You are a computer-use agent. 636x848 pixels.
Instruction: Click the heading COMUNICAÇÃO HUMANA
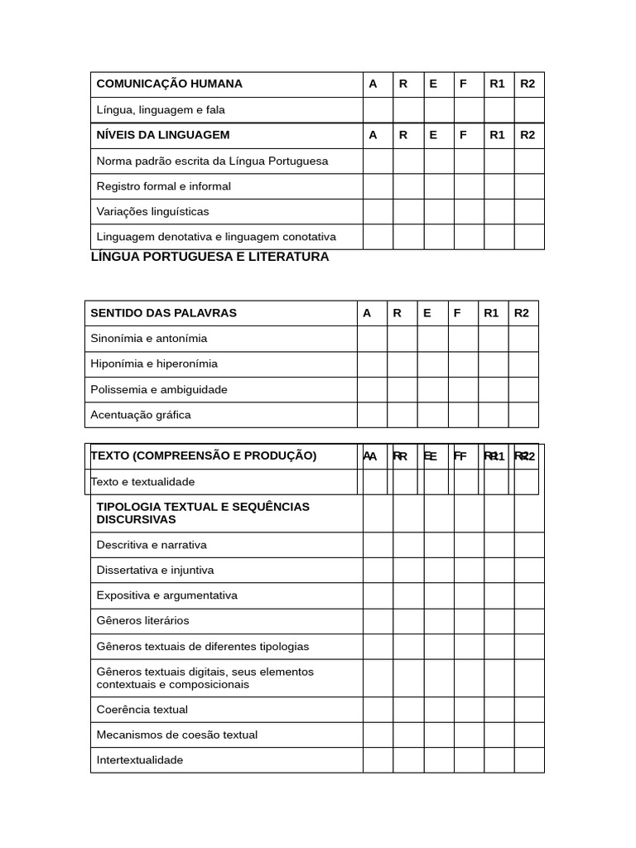(169, 84)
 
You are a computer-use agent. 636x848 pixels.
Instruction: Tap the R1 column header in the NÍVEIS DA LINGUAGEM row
(497, 135)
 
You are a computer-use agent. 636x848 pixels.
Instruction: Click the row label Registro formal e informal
(163, 186)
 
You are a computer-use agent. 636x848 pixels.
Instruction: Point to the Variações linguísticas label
(152, 211)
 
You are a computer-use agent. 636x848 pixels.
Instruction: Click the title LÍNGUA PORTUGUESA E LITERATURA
(210, 257)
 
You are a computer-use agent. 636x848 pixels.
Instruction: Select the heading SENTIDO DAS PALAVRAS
(163, 313)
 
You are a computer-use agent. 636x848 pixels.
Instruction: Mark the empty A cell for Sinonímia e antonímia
(372, 339)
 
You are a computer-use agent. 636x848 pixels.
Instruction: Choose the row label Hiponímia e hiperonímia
(154, 364)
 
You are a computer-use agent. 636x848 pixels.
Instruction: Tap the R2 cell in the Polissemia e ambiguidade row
(523, 389)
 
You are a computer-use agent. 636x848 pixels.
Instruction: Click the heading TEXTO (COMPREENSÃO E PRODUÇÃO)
(204, 455)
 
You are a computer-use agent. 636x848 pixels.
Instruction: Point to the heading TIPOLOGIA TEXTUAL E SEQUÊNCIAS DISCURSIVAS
(203, 513)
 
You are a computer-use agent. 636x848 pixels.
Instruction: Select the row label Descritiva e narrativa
(152, 545)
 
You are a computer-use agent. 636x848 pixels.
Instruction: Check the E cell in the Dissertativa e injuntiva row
(438, 570)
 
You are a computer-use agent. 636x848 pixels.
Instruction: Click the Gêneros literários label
(142, 620)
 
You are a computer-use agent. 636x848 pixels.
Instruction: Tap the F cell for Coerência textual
(469, 710)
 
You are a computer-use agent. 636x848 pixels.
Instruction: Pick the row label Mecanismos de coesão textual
(176, 735)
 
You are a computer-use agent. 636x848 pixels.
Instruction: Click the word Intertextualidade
(139, 760)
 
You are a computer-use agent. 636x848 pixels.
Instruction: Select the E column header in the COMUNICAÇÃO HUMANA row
(433, 84)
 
